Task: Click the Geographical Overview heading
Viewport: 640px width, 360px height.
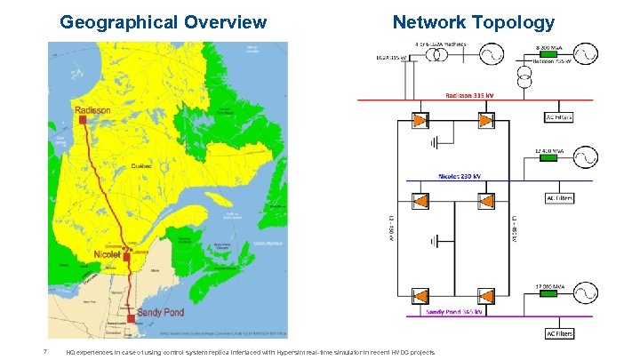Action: pos(163,22)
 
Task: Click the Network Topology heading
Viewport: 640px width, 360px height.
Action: pos(474,22)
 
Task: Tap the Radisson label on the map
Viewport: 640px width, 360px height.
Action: pos(94,110)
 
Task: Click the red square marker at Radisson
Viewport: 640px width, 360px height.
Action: pos(82,118)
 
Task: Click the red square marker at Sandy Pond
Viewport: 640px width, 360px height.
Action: pos(131,317)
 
